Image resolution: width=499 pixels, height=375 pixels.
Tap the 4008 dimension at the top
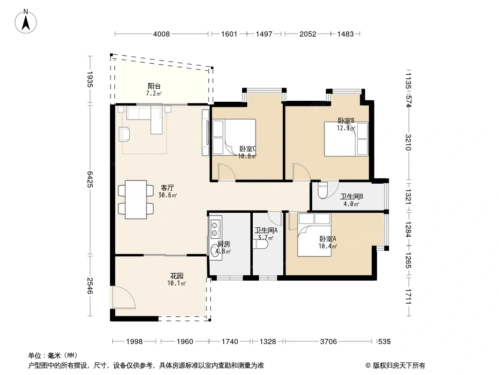tap(161, 34)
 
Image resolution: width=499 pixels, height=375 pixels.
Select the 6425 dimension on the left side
tap(90, 179)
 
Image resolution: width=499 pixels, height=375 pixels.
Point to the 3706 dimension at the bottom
tap(329, 342)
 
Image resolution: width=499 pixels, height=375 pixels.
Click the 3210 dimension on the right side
tap(409, 142)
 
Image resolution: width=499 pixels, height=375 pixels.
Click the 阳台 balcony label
tap(154, 86)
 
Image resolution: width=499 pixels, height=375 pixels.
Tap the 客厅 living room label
tap(168, 188)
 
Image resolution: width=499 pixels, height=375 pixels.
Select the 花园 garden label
tap(176, 276)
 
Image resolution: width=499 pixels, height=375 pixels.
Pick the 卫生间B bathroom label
tap(352, 196)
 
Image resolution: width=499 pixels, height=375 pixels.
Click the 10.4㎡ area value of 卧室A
tap(328, 246)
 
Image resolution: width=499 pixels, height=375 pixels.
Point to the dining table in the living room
tap(136, 199)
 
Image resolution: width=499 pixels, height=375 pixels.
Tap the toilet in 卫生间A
tap(260, 244)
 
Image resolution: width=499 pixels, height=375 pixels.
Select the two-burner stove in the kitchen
tap(215, 227)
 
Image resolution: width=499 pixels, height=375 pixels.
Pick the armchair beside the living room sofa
tap(124, 134)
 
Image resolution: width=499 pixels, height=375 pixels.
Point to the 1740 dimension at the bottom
tap(230, 342)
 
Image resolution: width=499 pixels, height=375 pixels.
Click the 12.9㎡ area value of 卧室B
tap(346, 128)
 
